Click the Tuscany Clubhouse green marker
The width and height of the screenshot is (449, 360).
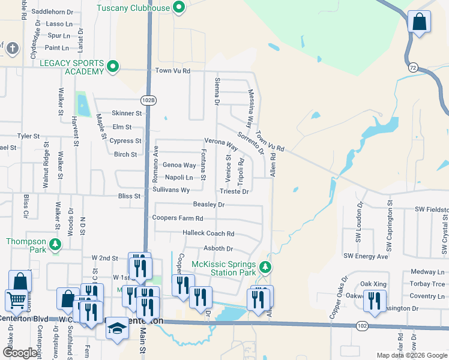(x=178, y=8)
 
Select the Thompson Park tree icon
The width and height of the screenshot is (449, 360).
(x=55, y=245)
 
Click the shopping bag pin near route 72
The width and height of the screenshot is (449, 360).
(x=420, y=23)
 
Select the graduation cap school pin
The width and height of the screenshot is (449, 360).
(x=118, y=329)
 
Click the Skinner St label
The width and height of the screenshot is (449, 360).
(x=127, y=113)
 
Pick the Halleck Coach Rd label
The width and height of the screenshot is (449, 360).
(x=208, y=233)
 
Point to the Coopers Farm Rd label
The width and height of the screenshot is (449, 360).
(x=178, y=218)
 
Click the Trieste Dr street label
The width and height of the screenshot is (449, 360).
(x=234, y=191)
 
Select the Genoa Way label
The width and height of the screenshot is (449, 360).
(x=179, y=165)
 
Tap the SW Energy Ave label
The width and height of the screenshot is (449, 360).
(x=366, y=256)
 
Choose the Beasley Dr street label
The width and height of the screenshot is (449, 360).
(x=209, y=205)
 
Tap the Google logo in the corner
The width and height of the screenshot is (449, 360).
(x=20, y=353)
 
